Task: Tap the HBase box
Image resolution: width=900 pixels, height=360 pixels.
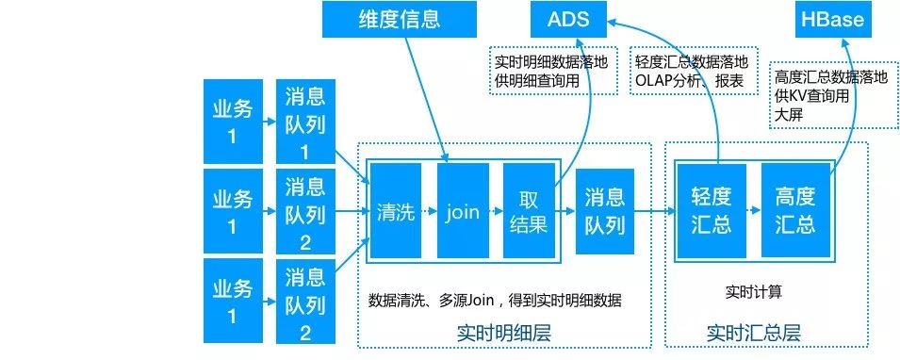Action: pos(831,20)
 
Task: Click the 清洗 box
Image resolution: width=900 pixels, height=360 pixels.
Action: pos(395,212)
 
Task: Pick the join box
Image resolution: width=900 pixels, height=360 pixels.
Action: pos(462,212)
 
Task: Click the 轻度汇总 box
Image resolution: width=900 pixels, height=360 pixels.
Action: pos(712,212)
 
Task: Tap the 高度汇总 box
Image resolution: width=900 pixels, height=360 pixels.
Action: pos(795,212)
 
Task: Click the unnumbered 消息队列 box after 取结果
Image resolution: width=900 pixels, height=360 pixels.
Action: pos(604,212)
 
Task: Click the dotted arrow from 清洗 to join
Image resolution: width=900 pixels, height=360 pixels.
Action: pos(427,212)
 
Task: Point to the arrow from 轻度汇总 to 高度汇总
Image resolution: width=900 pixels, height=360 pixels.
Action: pos(754,212)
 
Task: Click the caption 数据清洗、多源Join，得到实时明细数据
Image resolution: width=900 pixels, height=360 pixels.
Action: pos(495,301)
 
